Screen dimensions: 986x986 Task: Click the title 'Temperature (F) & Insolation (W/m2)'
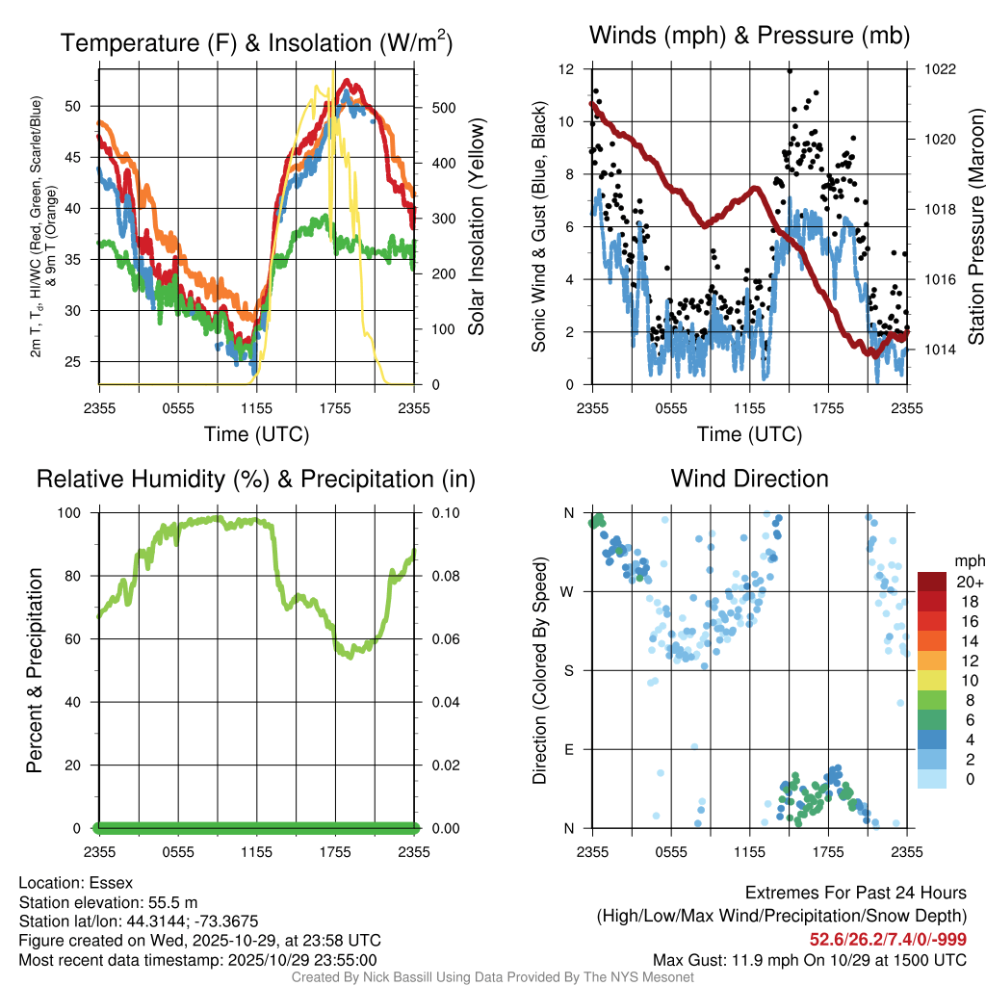[256, 42]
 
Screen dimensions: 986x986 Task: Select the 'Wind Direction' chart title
[749, 479]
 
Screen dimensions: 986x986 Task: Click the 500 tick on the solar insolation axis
[440, 107]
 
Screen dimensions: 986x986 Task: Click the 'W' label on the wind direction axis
[568, 591]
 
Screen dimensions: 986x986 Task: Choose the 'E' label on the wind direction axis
[569, 749]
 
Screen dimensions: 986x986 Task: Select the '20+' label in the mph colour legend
[968, 582]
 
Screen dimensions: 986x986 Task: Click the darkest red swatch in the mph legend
[934, 582]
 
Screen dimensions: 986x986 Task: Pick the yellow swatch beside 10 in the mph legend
[934, 681]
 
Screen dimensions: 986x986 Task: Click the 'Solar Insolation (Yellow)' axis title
[476, 226]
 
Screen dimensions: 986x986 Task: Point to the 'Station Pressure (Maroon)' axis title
[974, 226]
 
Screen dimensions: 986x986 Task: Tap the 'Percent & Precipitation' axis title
[35, 669]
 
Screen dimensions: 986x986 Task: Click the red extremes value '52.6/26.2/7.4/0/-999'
[888, 940]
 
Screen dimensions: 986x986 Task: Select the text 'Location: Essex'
[76, 883]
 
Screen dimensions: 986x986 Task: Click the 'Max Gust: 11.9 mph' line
[810, 959]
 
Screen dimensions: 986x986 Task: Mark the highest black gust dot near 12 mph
[790, 70]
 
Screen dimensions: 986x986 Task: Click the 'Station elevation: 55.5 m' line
[108, 902]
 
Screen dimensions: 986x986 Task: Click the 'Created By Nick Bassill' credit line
[493, 977]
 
